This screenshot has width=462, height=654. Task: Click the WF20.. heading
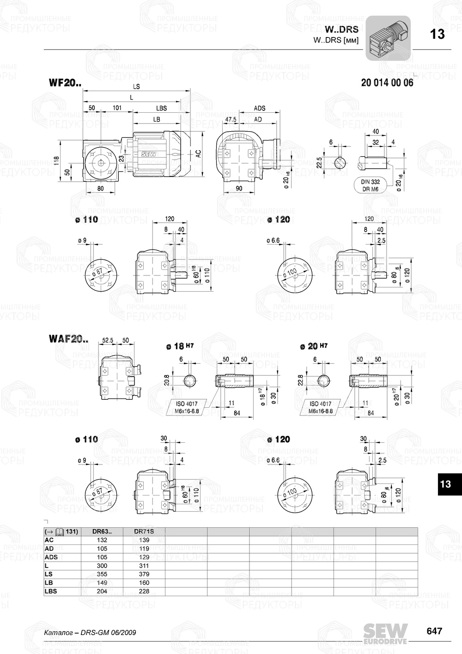click(65, 84)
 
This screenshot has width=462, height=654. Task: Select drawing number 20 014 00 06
click(387, 83)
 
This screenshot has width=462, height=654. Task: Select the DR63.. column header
click(102, 532)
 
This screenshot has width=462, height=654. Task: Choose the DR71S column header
click(144, 532)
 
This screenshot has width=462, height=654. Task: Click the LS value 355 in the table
click(102, 574)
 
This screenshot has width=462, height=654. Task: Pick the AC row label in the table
click(49, 540)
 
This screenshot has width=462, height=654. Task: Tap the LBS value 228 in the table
click(144, 591)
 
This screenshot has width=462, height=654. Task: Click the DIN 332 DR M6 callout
click(370, 185)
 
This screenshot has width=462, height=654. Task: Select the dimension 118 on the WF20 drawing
click(56, 160)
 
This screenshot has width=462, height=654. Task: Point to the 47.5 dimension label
click(231, 119)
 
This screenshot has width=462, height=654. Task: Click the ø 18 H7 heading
click(179, 346)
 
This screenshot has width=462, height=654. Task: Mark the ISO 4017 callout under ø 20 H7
click(321, 407)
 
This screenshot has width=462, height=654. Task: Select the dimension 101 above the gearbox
click(117, 108)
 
